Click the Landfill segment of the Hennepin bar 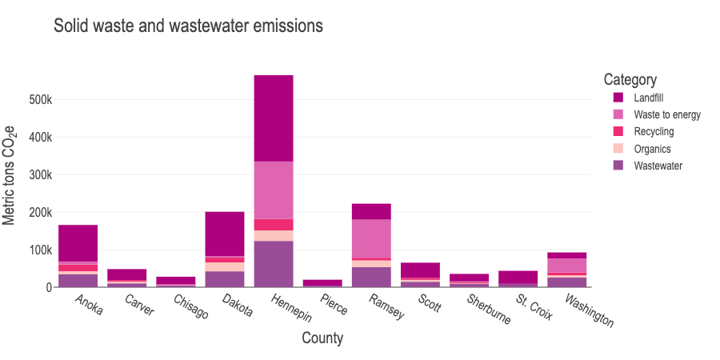pyautogui.click(x=274, y=118)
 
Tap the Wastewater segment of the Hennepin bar pyautogui.click(x=274, y=263)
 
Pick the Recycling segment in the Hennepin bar pyautogui.click(x=274, y=224)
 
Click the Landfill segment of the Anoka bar pyautogui.click(x=78, y=243)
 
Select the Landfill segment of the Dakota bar pyautogui.click(x=225, y=234)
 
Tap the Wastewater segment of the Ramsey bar pyautogui.click(x=371, y=276)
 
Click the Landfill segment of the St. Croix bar pyautogui.click(x=518, y=277)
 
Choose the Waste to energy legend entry pyautogui.click(x=666, y=114)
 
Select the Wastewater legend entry pyautogui.click(x=658, y=166)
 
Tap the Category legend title pyautogui.click(x=630, y=80)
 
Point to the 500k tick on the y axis pyautogui.click(x=40, y=100)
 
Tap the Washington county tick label pyautogui.click(x=590, y=311)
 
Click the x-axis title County pyautogui.click(x=322, y=338)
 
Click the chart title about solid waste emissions pyautogui.click(x=188, y=26)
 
